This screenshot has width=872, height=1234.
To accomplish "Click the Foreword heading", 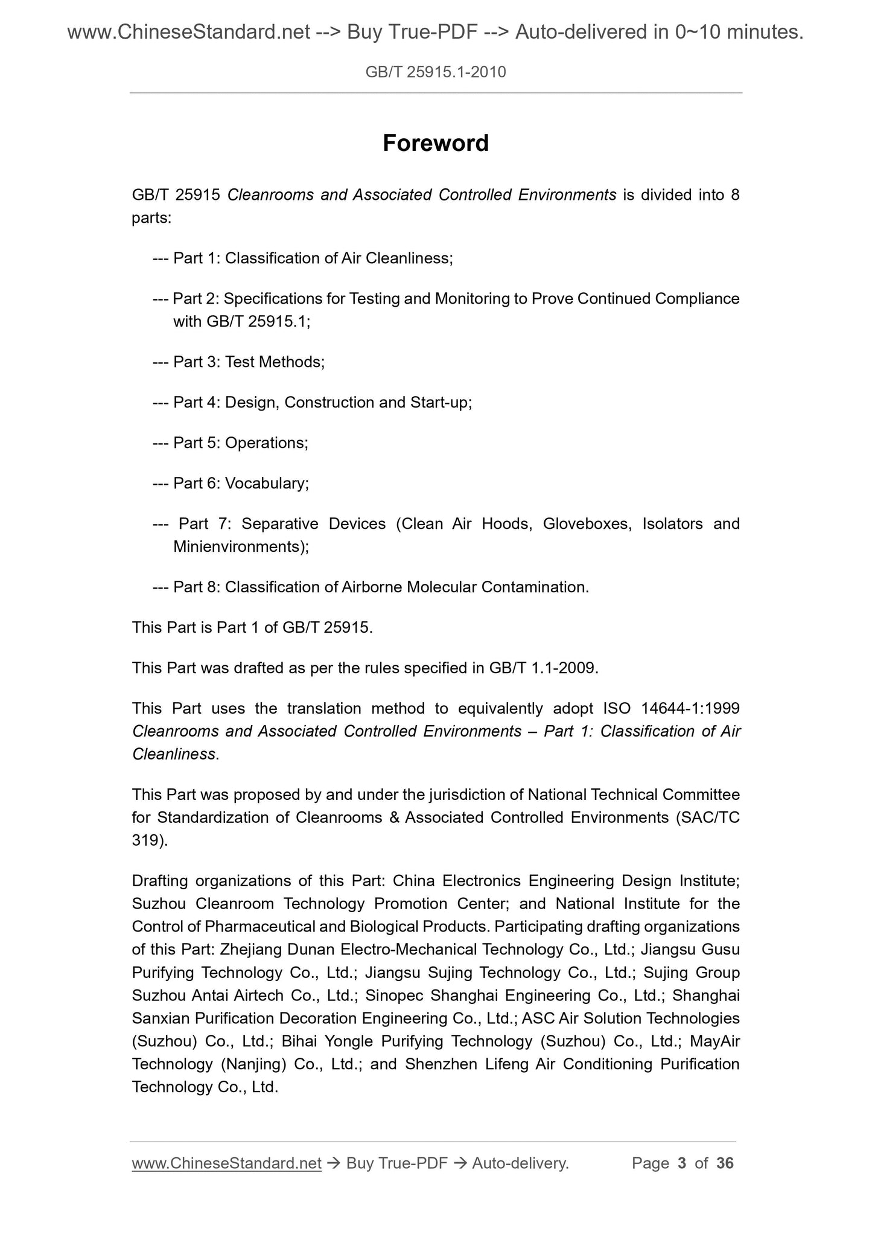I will (x=436, y=143).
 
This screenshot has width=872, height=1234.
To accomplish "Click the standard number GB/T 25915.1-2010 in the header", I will (x=436, y=72).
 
